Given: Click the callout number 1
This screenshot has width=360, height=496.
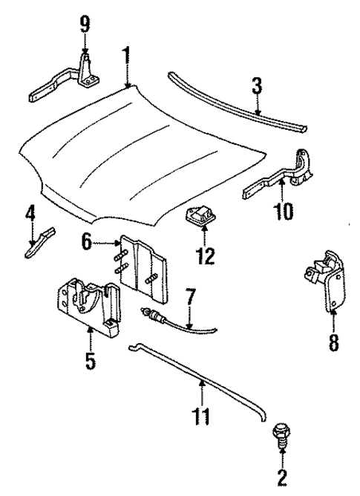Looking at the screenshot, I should coord(127,55).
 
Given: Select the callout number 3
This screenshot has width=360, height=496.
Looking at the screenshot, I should coord(257,88).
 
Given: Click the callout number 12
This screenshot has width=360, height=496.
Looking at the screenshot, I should coord(204,257).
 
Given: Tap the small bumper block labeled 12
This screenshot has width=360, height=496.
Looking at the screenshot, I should coord(200,219).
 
